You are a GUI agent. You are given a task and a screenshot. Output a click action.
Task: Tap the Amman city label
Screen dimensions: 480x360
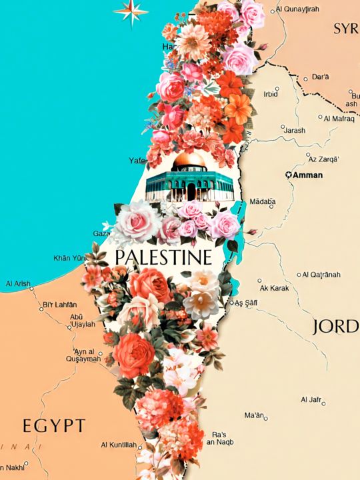click(x=307, y=175)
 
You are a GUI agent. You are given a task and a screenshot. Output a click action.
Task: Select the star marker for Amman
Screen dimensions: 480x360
click(x=289, y=175)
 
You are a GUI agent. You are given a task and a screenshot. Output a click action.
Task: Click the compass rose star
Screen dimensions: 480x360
click(x=131, y=9)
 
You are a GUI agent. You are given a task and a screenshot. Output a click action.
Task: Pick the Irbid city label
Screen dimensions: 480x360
click(x=271, y=94)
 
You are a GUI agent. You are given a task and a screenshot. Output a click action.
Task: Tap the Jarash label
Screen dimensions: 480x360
click(x=294, y=130)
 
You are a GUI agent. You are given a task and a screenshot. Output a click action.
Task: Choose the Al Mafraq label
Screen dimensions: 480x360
click(x=339, y=118)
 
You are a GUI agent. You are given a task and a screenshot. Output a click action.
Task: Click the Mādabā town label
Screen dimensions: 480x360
click(x=262, y=201)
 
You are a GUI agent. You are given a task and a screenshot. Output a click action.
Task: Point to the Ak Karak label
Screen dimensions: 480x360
click(x=273, y=288)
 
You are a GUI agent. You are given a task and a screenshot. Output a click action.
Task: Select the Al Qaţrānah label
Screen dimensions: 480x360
click(x=321, y=274)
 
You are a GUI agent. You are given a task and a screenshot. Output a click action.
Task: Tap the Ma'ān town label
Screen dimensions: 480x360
click(x=255, y=415)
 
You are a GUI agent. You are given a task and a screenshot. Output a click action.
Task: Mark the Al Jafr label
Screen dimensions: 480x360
click(x=311, y=399)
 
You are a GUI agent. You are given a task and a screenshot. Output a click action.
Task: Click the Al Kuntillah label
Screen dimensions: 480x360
click(x=119, y=445)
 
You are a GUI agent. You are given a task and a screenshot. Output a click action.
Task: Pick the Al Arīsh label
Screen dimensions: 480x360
click(x=18, y=284)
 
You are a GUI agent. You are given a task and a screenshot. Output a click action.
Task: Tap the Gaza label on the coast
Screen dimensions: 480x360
click(x=101, y=234)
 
